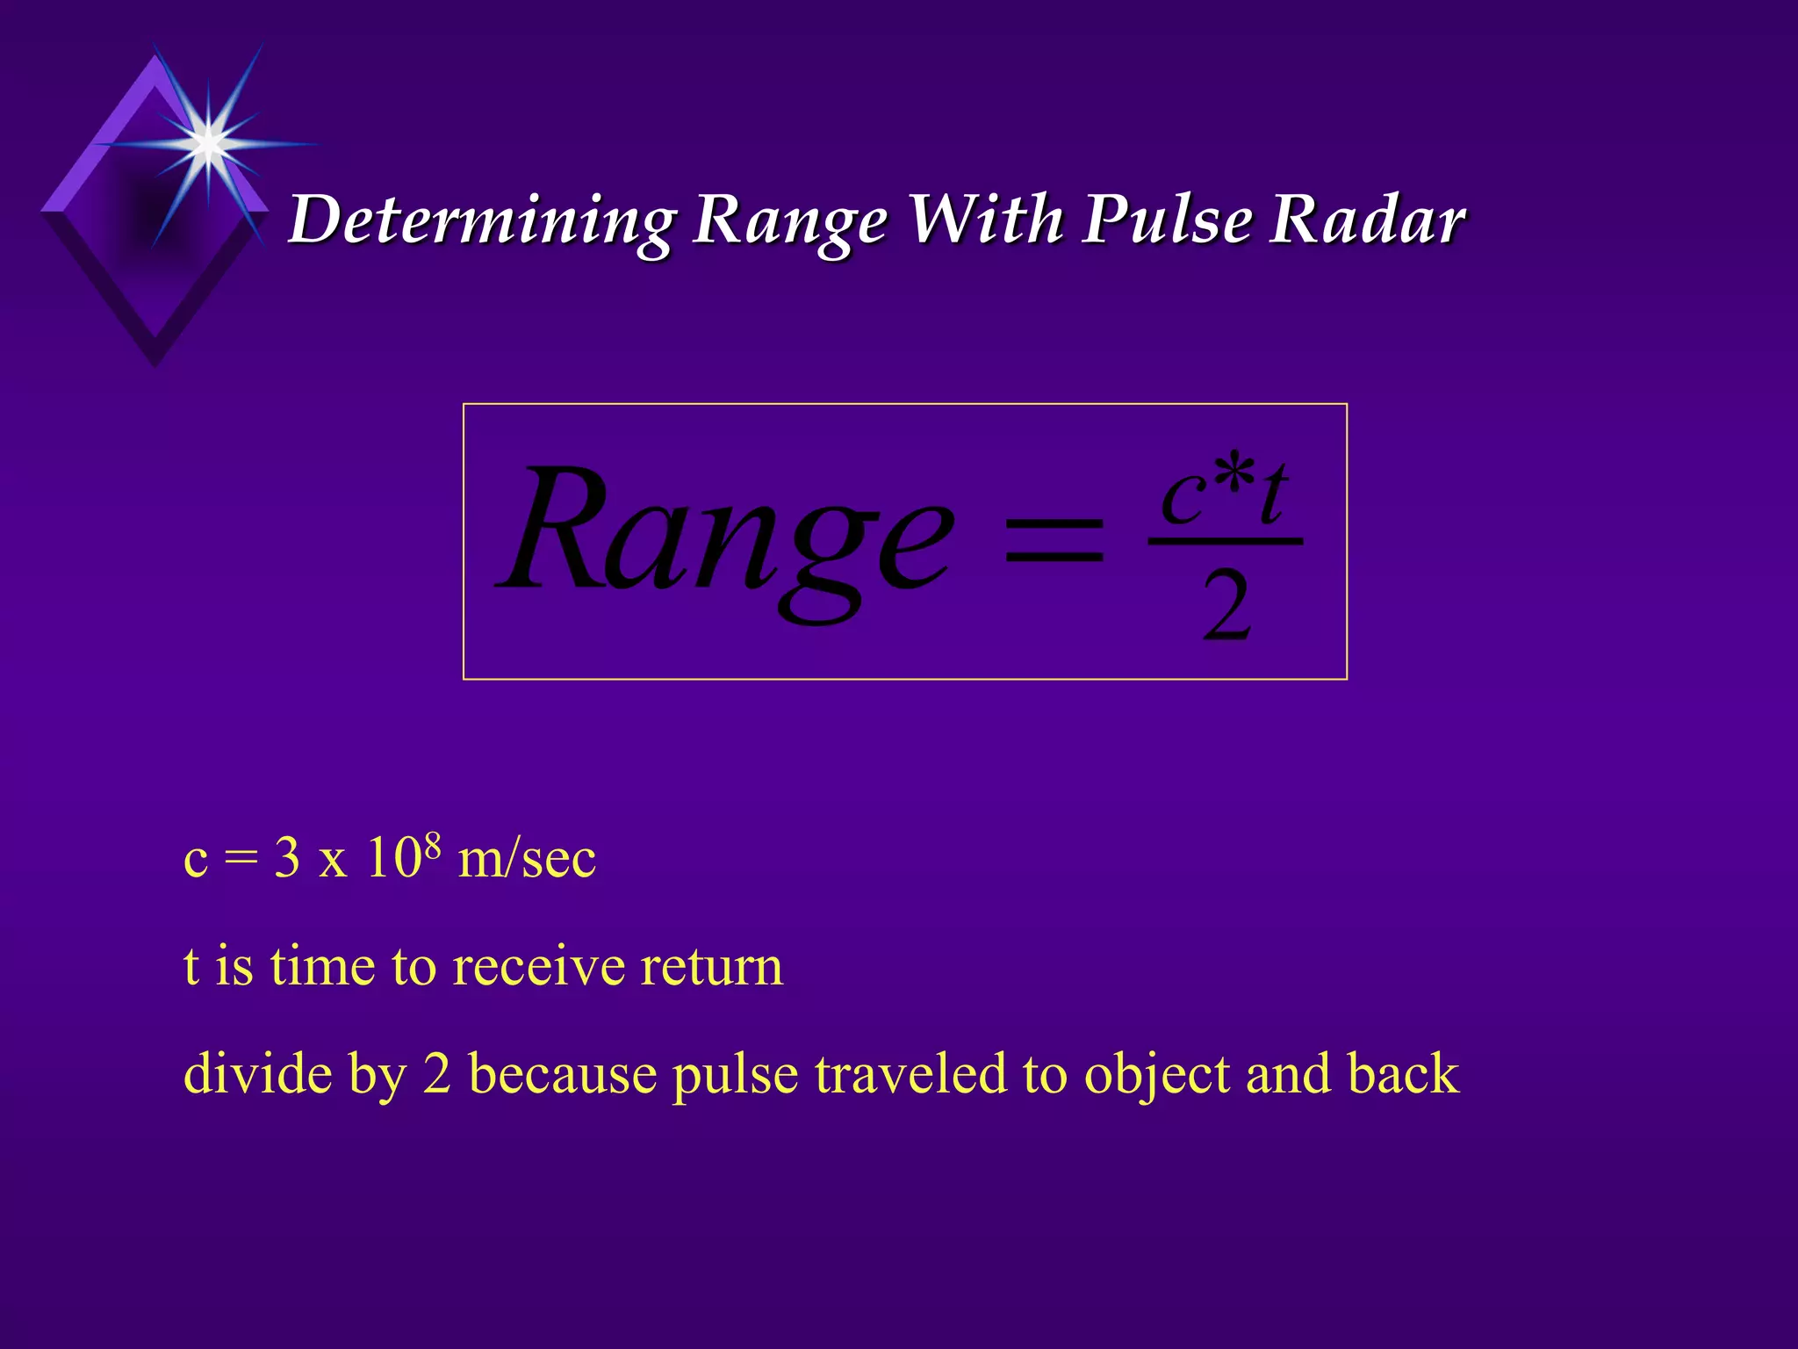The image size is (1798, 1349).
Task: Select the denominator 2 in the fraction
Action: pyautogui.click(x=1226, y=606)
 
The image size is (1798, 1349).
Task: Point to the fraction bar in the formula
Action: pyautogui.click(x=1226, y=541)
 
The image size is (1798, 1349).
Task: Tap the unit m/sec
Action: pyautogui.click(x=527, y=858)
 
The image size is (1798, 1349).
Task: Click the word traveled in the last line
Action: pyautogui.click(x=910, y=1073)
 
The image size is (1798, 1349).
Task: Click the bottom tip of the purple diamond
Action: pyautogui.click(x=155, y=364)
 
